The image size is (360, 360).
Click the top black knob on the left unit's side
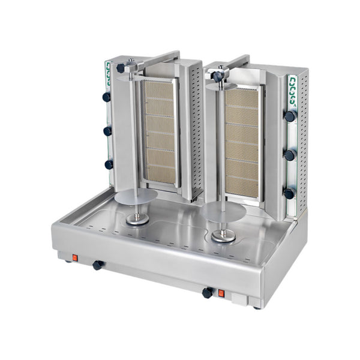click(107, 97)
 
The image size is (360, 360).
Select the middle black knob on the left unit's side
click(107, 131)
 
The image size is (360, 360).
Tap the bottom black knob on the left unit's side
click(108, 164)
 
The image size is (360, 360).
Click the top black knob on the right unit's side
click(290, 116)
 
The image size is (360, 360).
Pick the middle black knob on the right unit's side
click(290, 155)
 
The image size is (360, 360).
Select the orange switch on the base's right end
click(221, 293)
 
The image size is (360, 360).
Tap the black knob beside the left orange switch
click(96, 265)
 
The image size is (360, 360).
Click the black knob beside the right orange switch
click(207, 293)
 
